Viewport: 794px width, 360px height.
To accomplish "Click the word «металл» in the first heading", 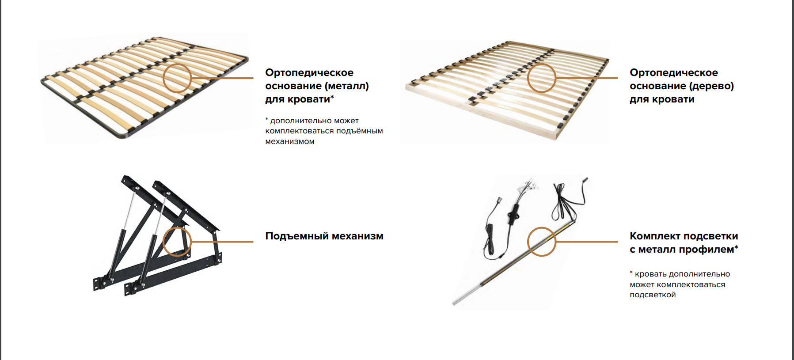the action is point(347,86).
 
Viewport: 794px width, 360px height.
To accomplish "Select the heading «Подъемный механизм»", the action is point(324,236).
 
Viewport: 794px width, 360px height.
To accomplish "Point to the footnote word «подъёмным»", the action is point(360,131).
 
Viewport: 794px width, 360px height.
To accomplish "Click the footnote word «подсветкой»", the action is point(653,295).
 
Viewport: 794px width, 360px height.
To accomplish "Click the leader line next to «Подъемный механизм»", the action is point(222,242).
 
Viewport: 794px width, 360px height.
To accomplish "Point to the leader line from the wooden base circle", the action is point(587,78).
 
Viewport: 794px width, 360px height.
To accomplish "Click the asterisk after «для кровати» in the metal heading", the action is point(332,96).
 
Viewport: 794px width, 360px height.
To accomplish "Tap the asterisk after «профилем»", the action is point(736,246).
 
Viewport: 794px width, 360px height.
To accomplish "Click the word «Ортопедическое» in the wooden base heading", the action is point(674,73).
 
